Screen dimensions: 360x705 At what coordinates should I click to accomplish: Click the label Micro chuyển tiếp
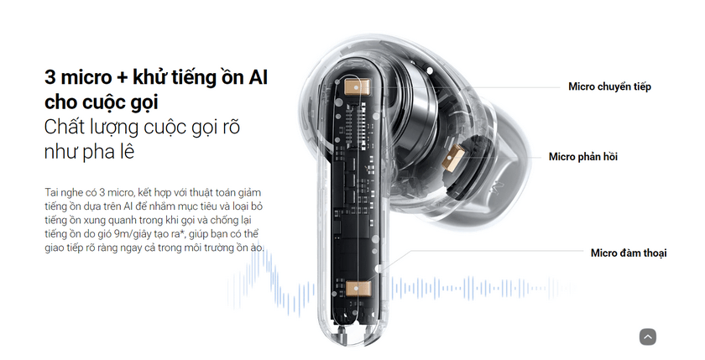[x=609, y=86]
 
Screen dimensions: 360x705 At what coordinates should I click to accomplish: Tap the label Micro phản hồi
[x=589, y=157]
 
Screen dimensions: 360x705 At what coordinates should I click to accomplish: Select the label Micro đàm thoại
[x=629, y=253]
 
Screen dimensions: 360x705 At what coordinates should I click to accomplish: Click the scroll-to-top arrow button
[x=647, y=337]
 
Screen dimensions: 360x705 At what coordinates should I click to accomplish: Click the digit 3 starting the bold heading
[x=50, y=78]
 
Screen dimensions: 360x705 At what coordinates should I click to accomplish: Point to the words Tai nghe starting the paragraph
[x=64, y=191]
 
